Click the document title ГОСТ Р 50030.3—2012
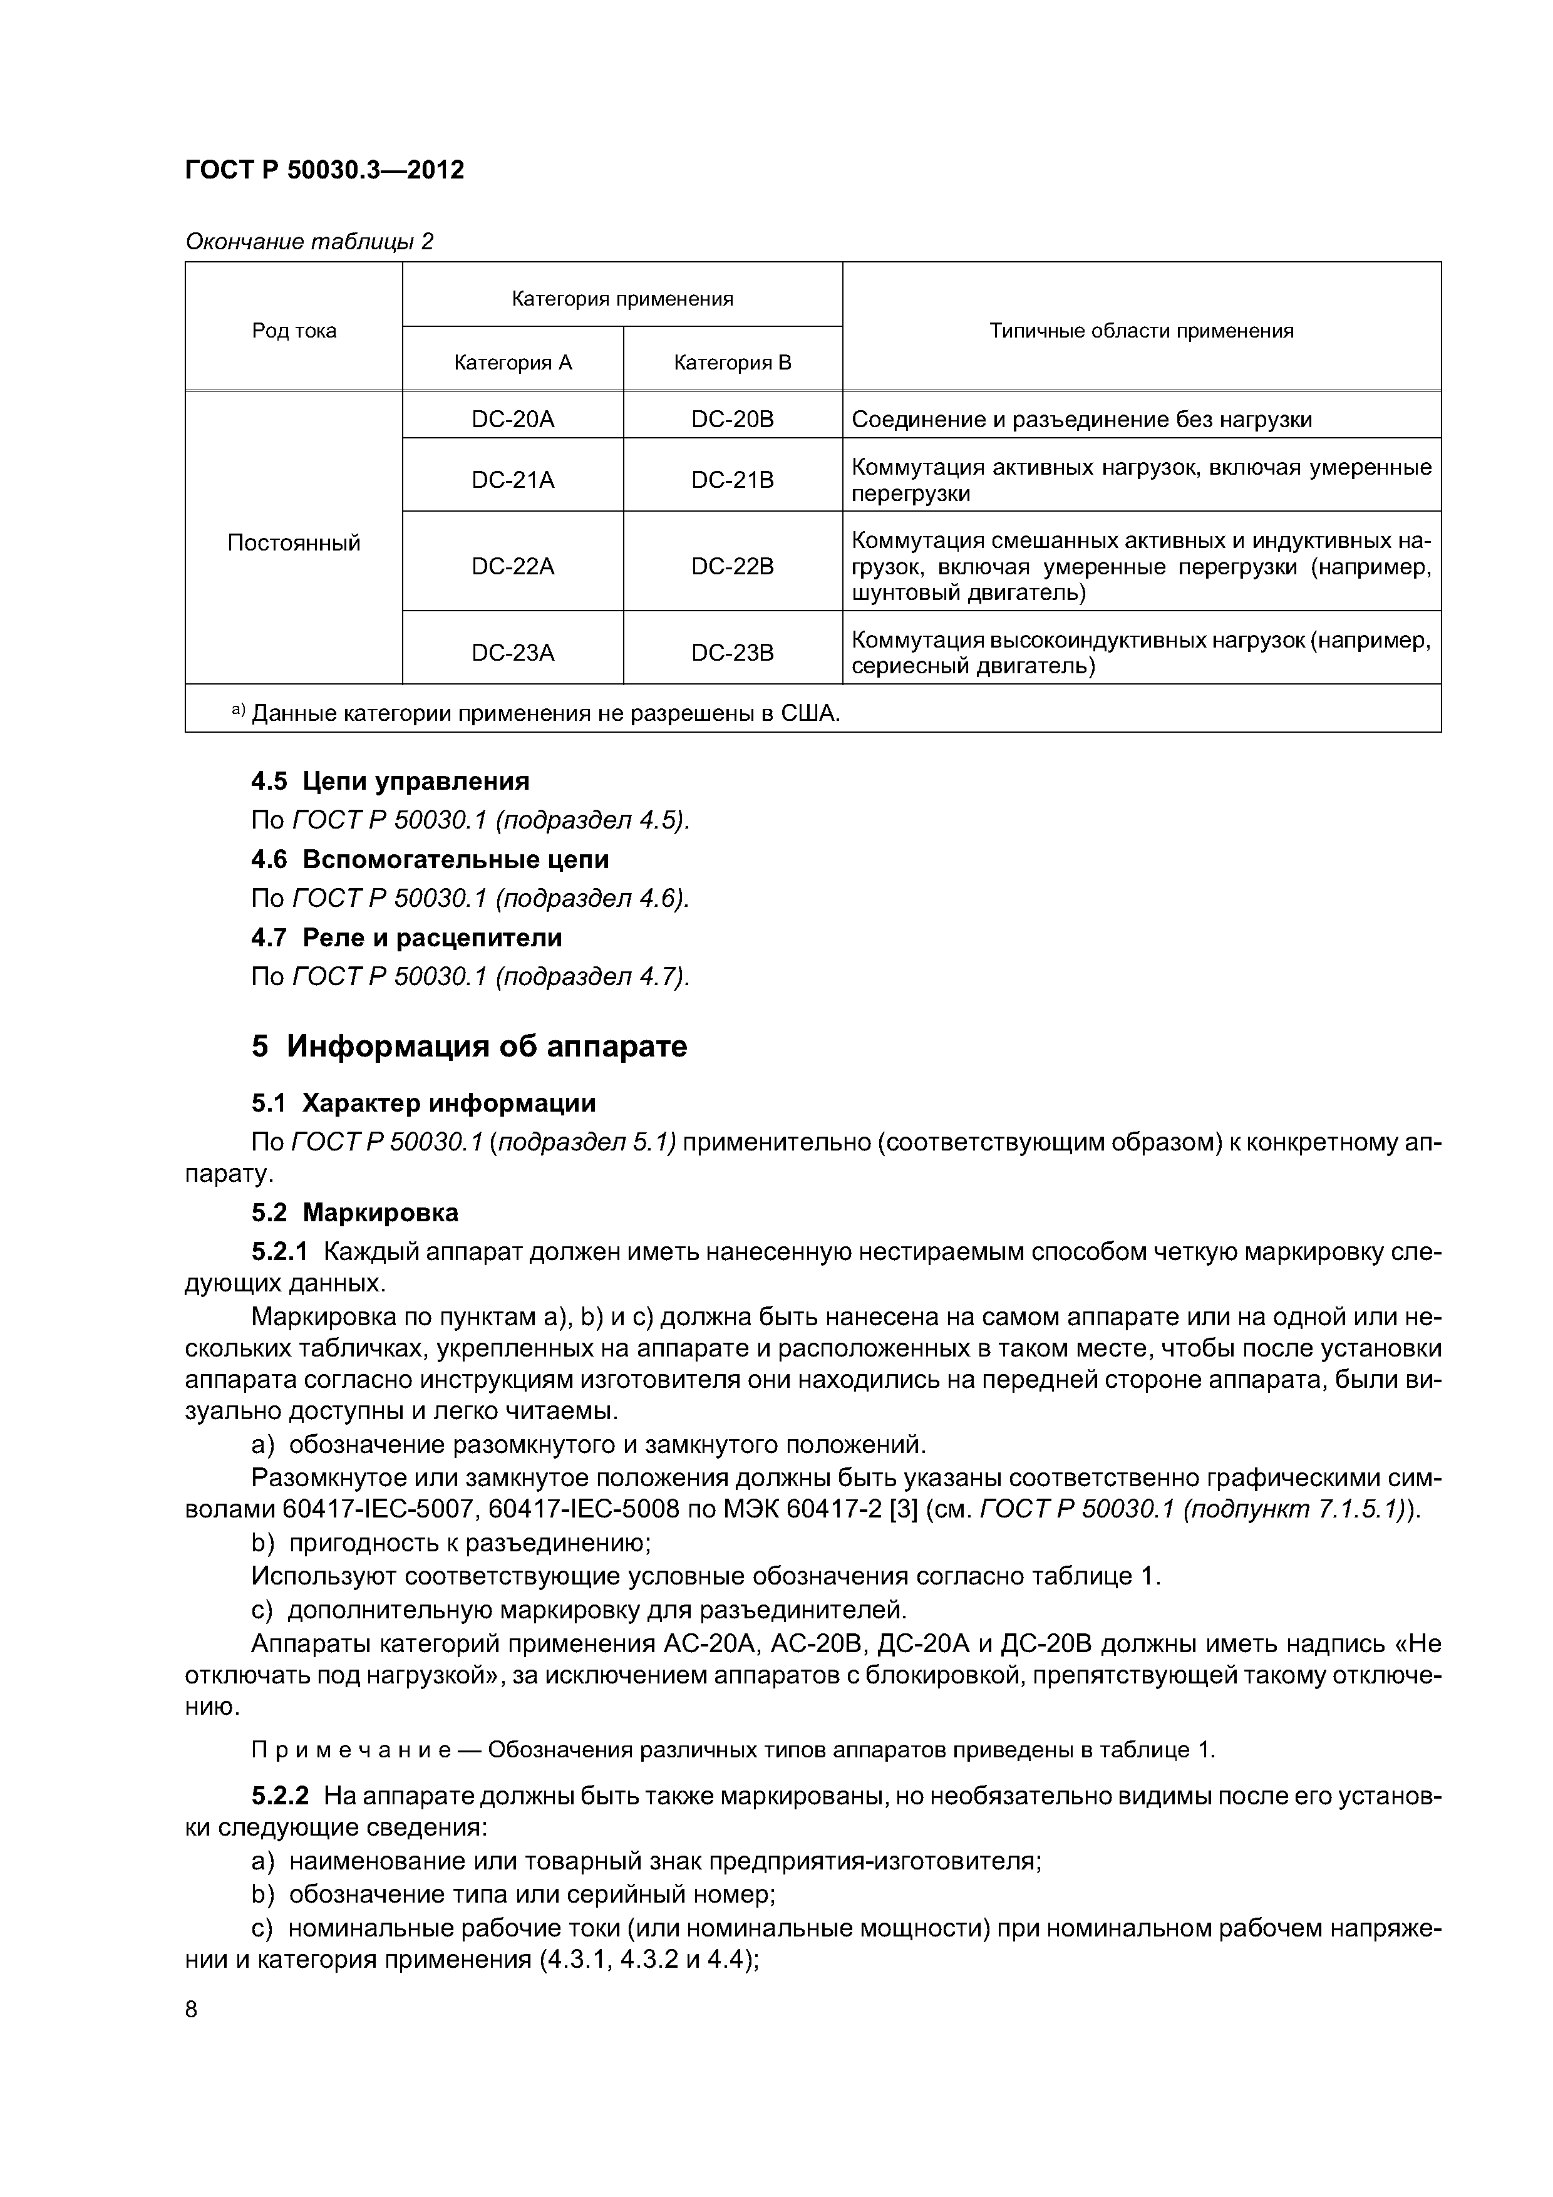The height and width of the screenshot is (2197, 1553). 324,170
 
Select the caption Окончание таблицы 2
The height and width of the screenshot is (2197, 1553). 309,241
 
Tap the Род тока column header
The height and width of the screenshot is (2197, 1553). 294,331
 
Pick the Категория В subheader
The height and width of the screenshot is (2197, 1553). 732,363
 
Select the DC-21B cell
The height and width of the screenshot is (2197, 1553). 732,479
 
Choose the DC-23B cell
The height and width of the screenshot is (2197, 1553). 732,653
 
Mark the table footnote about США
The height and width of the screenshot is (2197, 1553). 536,713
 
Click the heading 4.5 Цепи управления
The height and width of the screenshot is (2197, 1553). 390,782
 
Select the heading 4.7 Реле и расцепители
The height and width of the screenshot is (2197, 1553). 406,938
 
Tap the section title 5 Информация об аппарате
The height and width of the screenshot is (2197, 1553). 469,1046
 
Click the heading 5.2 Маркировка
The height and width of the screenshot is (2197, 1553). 355,1212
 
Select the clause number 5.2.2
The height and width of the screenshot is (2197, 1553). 281,1796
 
